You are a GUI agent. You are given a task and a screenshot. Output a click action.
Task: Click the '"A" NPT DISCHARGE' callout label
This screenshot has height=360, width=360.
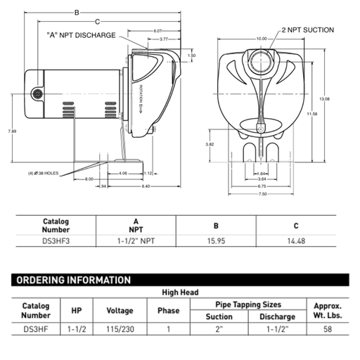click(81, 34)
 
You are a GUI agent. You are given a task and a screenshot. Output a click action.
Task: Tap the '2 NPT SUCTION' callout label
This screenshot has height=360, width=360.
click(308, 30)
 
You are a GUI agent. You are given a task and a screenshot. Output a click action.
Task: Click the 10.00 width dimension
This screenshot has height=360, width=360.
click(262, 38)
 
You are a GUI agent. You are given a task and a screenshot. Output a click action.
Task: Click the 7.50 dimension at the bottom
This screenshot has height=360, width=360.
click(261, 195)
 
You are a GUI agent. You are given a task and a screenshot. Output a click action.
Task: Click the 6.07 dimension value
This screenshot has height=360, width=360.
click(157, 31)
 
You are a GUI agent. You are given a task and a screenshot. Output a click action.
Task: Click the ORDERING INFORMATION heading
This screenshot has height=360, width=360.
click(74, 280)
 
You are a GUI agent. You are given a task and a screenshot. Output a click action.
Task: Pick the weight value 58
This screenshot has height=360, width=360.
click(327, 328)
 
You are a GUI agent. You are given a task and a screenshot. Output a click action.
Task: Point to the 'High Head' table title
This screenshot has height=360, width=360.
click(180, 292)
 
